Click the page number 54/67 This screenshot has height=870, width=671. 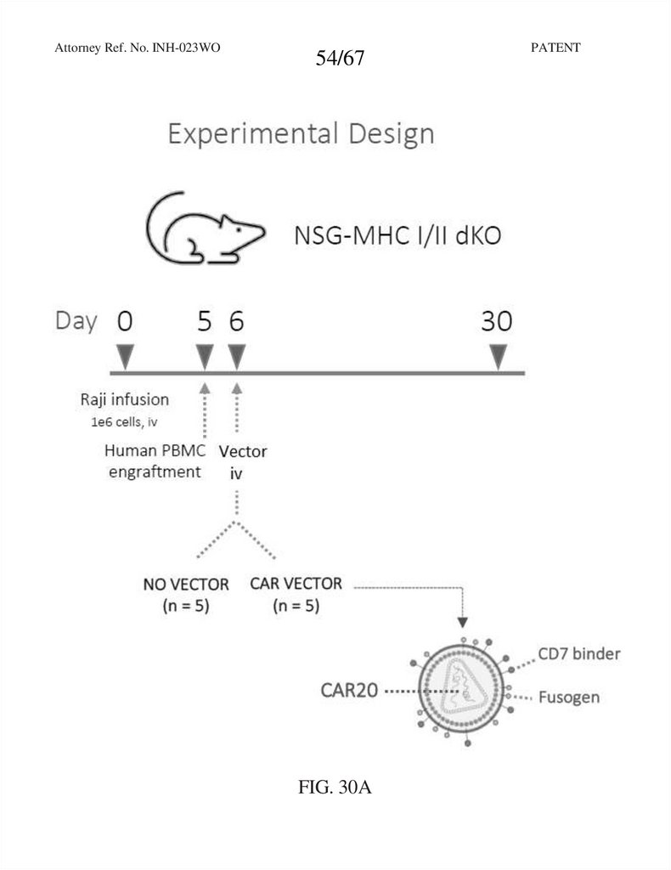click(x=340, y=59)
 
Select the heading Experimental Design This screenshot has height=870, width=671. click(x=301, y=134)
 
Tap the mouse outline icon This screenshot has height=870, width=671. click(x=205, y=229)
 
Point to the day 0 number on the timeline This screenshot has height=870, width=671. click(x=125, y=321)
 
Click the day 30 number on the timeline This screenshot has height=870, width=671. click(x=498, y=321)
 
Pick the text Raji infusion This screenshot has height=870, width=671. click(x=125, y=399)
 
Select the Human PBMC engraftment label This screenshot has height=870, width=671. click(x=155, y=461)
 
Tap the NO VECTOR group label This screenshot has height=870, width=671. click(x=185, y=595)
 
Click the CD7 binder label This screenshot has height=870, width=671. click(x=579, y=654)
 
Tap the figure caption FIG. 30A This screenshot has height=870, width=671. click(x=335, y=788)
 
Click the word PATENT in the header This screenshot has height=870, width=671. click(x=555, y=48)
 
